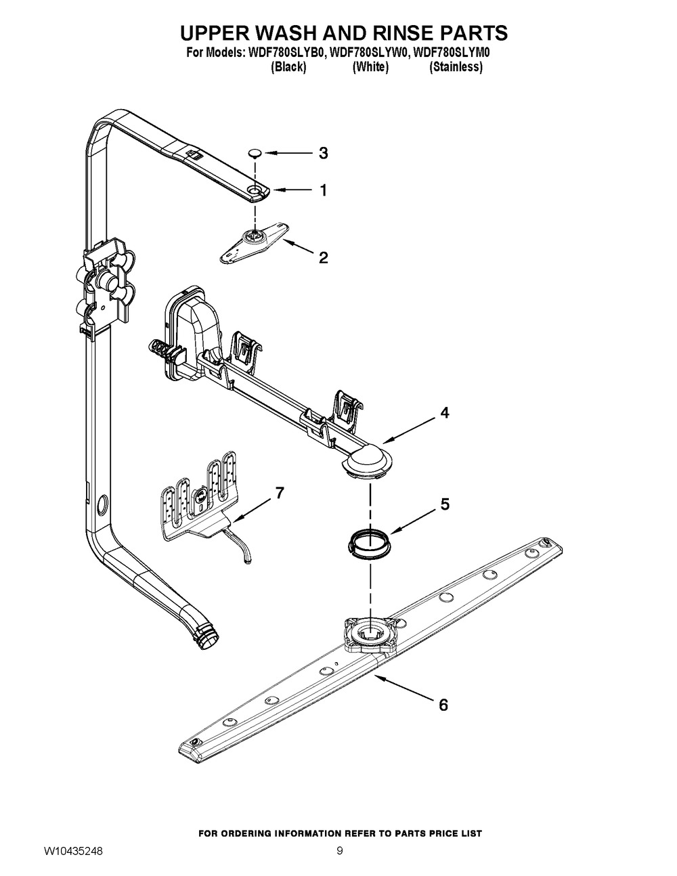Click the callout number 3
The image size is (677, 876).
[x=323, y=153]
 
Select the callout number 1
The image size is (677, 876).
[x=323, y=191]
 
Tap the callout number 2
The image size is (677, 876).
[x=323, y=257]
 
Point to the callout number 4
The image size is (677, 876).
[x=444, y=412]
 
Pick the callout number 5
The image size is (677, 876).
[x=444, y=504]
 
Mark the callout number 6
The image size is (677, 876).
[x=443, y=705]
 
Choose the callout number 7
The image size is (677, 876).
[x=279, y=493]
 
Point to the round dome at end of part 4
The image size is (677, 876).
[x=369, y=462]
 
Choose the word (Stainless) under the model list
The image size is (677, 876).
[x=456, y=67]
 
